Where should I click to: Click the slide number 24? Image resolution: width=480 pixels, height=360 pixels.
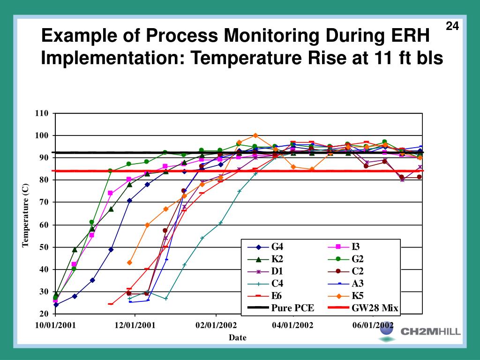tap(451, 26)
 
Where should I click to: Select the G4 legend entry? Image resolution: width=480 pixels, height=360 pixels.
tap(277, 247)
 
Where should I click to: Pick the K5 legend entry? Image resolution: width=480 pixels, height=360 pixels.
tap(358, 296)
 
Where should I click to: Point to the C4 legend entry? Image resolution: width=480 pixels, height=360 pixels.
tap(277, 284)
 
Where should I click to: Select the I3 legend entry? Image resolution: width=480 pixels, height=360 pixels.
tap(356, 247)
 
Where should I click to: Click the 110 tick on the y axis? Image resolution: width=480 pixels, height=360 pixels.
tap(42, 113)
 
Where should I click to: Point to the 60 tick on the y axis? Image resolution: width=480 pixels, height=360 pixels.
tap(44, 225)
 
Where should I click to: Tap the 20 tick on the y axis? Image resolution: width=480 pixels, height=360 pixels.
tap(44, 314)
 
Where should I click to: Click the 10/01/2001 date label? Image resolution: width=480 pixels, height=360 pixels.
tap(55, 325)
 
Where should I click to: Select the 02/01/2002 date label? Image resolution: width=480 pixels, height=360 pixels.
tap(216, 325)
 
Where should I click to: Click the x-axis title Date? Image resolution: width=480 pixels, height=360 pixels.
tap(237, 337)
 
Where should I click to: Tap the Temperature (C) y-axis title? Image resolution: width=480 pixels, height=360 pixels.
tap(26, 215)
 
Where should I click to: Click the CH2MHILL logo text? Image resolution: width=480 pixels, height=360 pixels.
tap(430, 332)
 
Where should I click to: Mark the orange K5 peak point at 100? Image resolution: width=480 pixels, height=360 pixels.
tap(255, 136)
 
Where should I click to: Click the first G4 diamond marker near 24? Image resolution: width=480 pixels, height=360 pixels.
tap(56, 305)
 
